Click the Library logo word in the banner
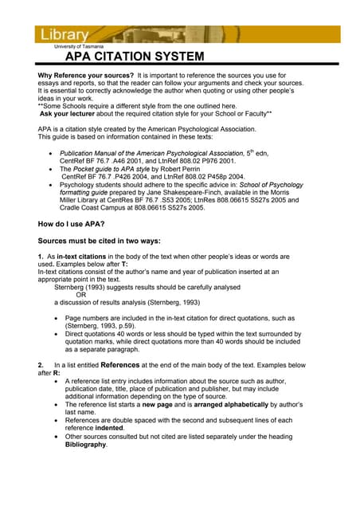click(61, 35)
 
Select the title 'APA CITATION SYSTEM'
click(134, 57)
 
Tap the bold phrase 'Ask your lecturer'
click(69, 113)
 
